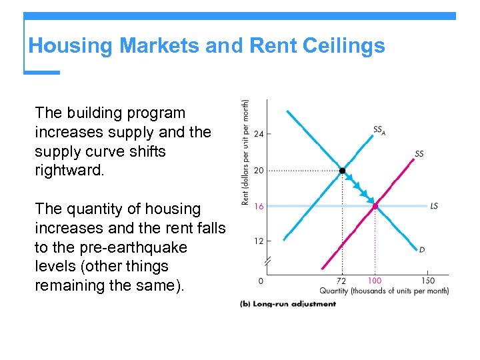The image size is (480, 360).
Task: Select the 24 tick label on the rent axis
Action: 259,134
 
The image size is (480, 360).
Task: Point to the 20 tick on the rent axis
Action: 259,170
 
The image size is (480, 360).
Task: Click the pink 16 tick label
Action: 259,207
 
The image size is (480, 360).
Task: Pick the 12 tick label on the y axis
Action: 259,241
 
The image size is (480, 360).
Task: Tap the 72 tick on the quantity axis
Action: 341,281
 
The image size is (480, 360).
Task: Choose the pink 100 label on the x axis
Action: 375,281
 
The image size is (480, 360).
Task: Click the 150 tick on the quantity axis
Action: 427,281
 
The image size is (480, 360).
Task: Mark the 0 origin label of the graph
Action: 261,281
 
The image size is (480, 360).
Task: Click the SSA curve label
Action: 379,131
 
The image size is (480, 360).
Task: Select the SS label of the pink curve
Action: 419,154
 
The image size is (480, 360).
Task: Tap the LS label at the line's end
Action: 434,207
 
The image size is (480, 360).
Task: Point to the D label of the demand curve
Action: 422,250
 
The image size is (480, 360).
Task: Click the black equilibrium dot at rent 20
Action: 342,171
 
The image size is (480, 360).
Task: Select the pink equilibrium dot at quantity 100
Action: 375,207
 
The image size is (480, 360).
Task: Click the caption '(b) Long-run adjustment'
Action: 288,304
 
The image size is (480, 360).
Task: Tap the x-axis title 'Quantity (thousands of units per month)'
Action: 383,291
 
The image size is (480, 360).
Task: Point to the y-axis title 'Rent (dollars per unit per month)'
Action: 246,153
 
